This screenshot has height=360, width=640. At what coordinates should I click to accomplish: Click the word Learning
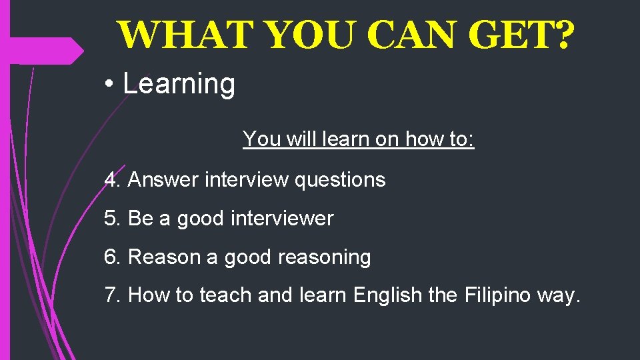point(179,85)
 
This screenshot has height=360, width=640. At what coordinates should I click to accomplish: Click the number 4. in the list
point(113,179)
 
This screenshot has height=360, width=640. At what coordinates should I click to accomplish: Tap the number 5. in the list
point(113,218)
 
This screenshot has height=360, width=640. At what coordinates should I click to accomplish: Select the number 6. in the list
point(113,257)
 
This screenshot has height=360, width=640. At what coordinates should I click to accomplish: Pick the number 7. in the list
point(113,295)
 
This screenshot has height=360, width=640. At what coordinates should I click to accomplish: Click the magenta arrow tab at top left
point(47,51)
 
